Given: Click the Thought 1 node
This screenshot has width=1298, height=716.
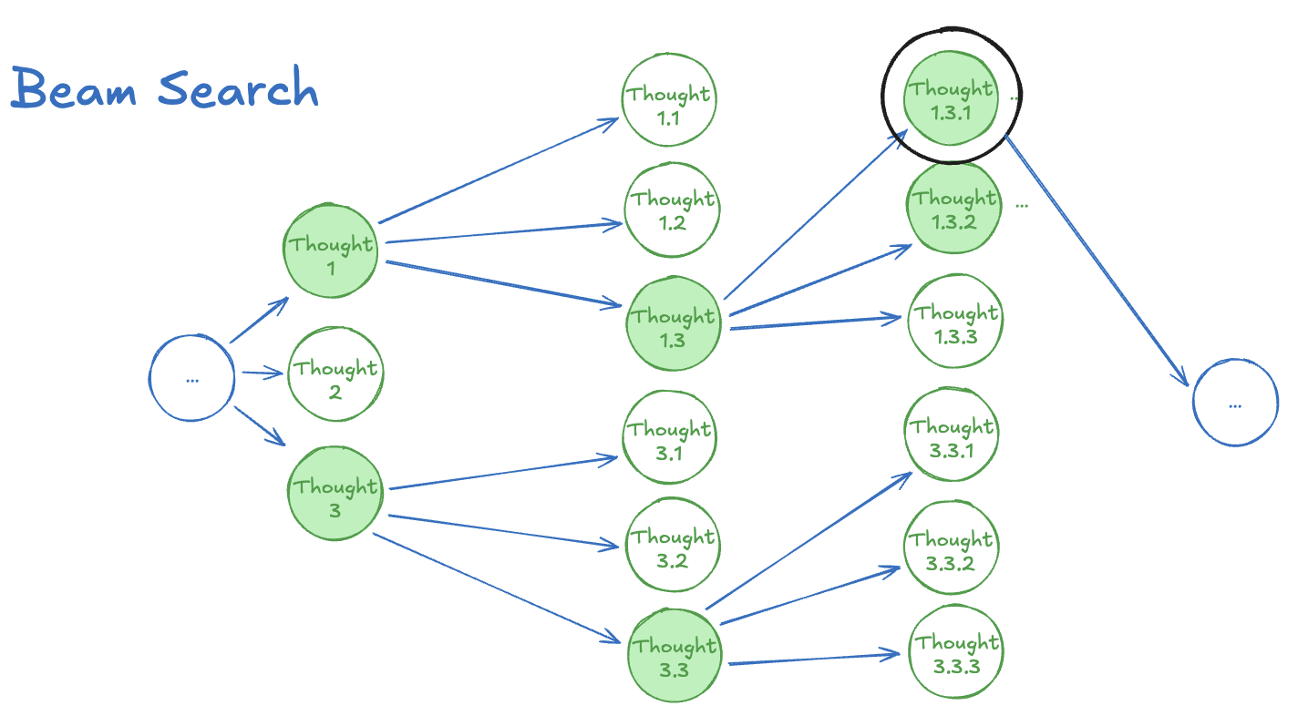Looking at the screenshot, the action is click(330, 251).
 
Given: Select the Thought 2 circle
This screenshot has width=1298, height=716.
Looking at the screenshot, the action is click(335, 374).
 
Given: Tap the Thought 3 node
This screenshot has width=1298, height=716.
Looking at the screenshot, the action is click(335, 493).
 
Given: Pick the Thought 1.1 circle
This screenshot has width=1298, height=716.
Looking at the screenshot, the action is click(669, 99).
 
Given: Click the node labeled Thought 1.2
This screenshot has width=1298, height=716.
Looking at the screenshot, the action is click(672, 210).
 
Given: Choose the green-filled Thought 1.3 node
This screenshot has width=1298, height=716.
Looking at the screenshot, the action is click(674, 323).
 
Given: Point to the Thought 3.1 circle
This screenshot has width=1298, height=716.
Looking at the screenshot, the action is click(669, 436).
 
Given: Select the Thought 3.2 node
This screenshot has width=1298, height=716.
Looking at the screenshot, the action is click(673, 545).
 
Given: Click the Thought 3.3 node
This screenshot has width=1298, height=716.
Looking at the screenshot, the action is click(675, 655).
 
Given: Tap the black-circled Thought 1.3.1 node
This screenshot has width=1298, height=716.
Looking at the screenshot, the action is click(951, 97).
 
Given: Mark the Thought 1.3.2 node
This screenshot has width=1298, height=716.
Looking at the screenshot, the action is click(953, 207).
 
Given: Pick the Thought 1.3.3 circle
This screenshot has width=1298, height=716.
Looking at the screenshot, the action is click(955, 321).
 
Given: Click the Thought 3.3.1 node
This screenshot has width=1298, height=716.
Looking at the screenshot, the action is click(952, 435).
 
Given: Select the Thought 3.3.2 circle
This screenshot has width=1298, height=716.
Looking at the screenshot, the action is click(951, 547).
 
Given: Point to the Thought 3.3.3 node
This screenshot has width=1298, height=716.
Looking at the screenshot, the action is click(956, 651).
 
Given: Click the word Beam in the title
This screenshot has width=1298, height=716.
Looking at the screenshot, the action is click(74, 87).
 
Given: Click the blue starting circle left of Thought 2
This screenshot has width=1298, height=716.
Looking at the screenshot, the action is click(191, 378).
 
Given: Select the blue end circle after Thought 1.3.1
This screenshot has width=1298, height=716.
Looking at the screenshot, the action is click(1235, 403).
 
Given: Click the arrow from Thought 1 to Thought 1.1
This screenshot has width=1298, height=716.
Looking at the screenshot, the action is click(499, 170).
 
